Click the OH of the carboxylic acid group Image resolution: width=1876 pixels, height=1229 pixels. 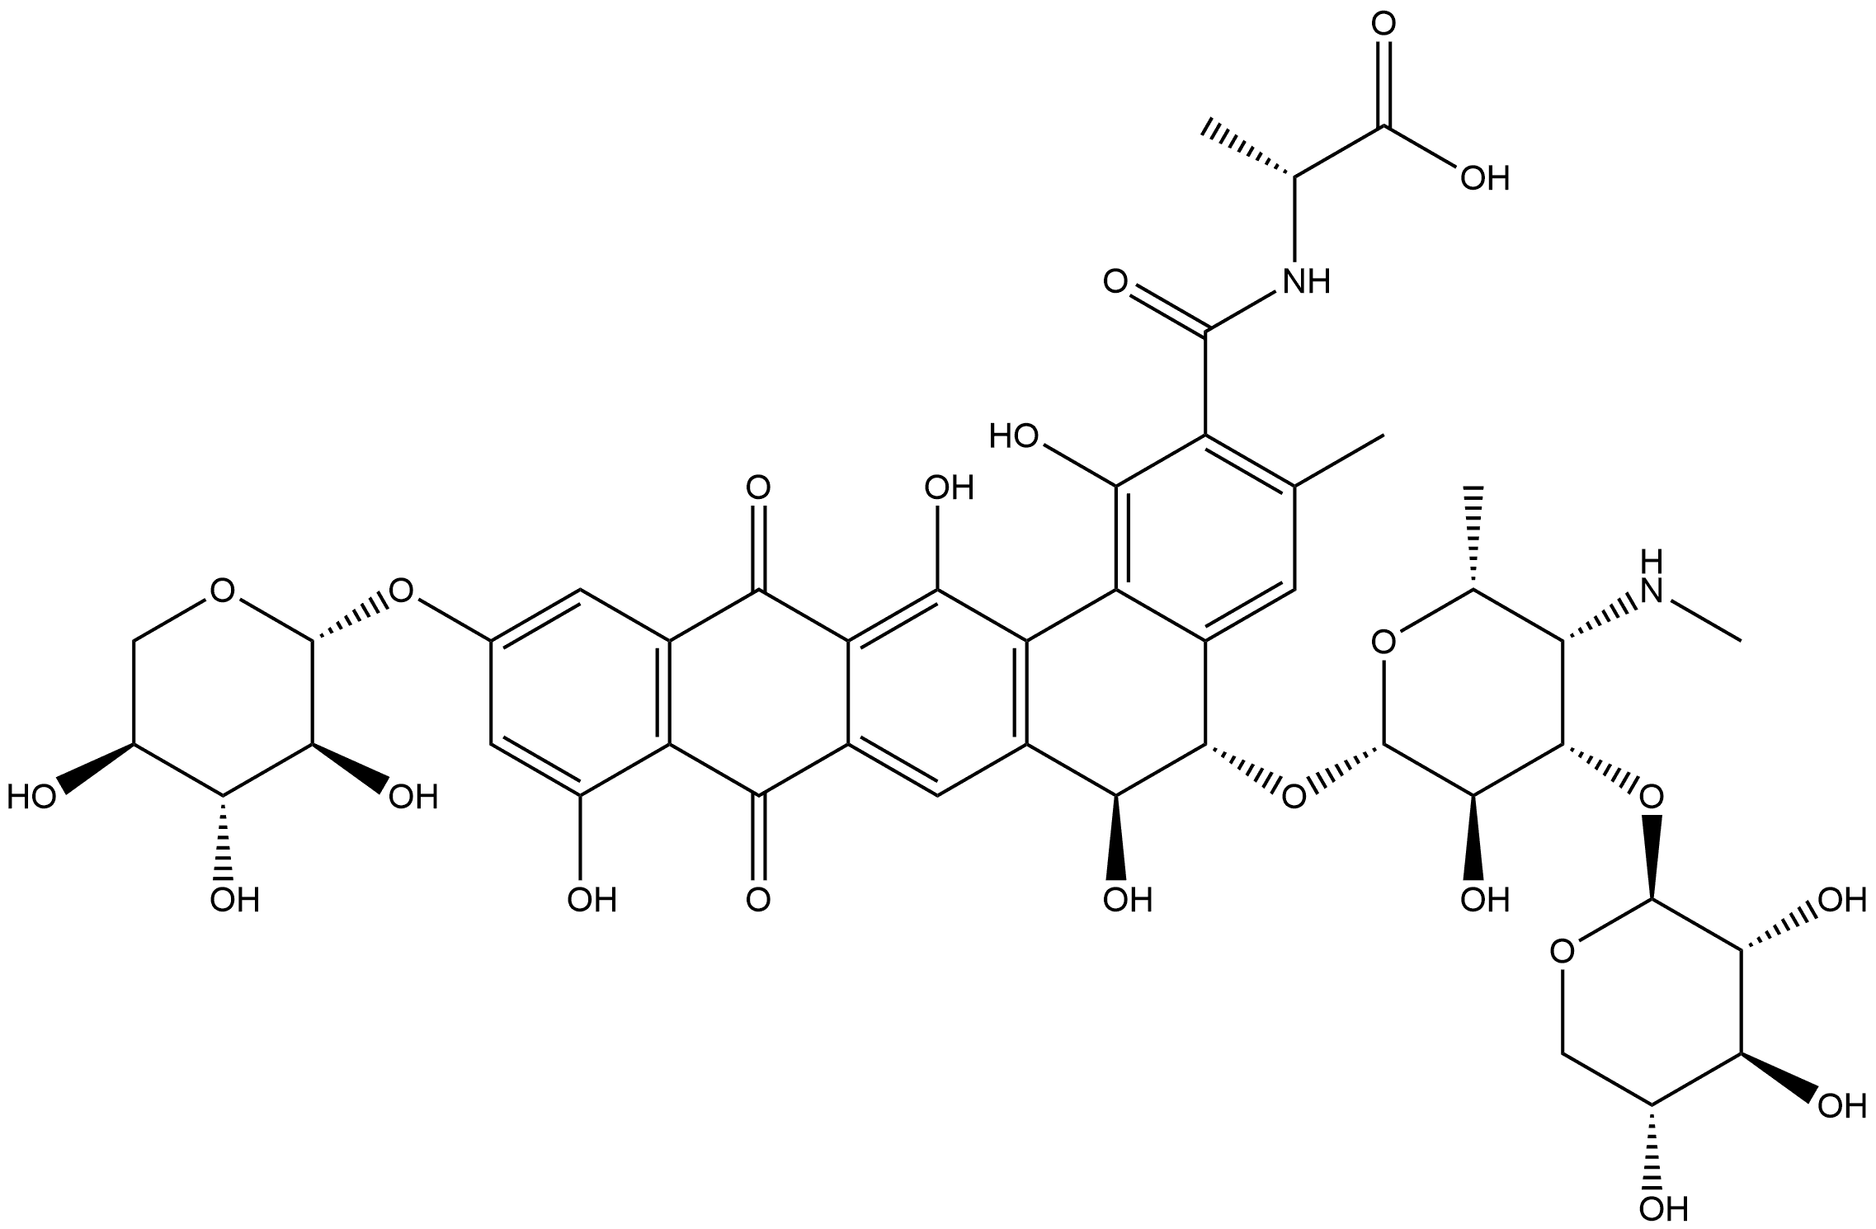click(1484, 178)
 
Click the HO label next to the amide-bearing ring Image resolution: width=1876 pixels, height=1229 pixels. click(1015, 435)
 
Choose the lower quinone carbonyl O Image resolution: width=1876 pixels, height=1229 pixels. click(757, 899)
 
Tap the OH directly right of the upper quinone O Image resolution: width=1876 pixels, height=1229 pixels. click(949, 488)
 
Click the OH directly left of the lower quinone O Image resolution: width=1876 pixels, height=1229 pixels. click(592, 899)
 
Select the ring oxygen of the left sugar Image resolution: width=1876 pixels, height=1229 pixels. click(221, 591)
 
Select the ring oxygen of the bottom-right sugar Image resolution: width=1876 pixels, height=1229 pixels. click(1559, 953)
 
